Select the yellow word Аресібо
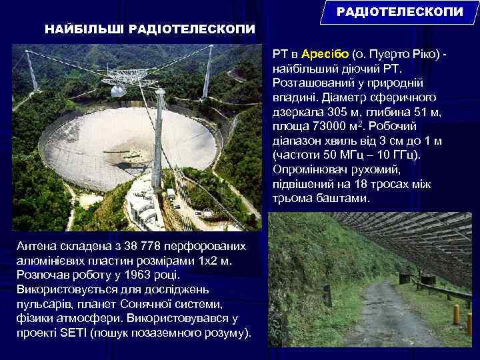click(x=325, y=54)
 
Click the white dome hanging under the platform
click(x=118, y=91)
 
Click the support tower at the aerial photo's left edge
click(x=31, y=70)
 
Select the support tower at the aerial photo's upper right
click(x=208, y=72)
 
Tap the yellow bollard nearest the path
click(x=456, y=314)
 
